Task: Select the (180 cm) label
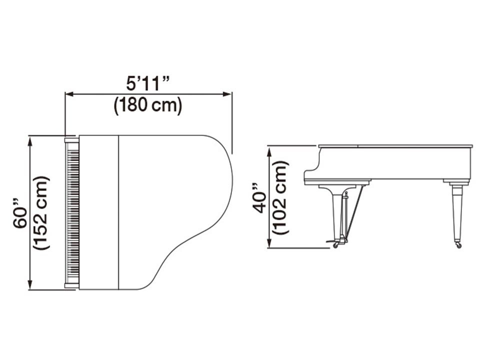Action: click(x=148, y=105)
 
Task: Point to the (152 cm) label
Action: click(x=41, y=213)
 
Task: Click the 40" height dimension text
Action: click(x=259, y=198)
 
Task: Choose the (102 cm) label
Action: click(x=280, y=198)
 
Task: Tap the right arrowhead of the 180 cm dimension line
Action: click(x=227, y=94)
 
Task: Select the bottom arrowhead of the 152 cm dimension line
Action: click(x=29, y=284)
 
